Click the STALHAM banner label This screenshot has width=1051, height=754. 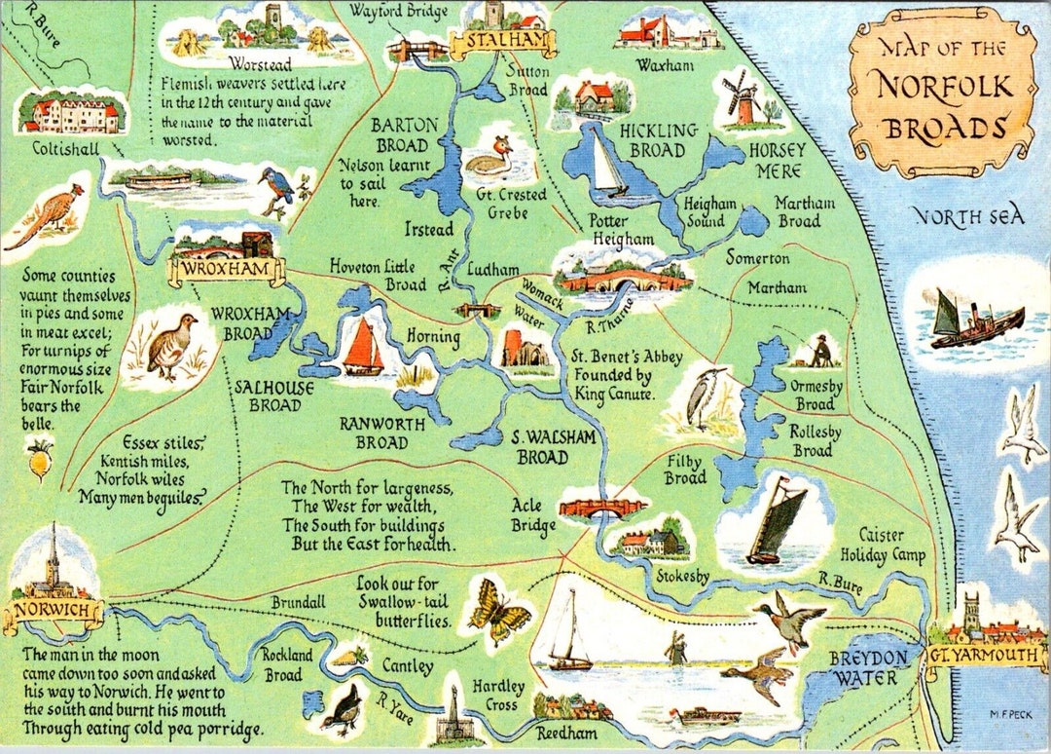click(503, 43)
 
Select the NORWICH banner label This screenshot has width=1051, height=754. click(54, 612)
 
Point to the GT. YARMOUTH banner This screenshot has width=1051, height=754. click(985, 656)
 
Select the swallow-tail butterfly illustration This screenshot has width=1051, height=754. click(498, 609)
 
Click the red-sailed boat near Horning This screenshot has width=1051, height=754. click(363, 347)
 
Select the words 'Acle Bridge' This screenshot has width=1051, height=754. click(533, 515)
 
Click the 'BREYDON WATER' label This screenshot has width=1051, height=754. click(868, 667)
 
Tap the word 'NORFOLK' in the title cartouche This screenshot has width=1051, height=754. click(942, 87)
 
